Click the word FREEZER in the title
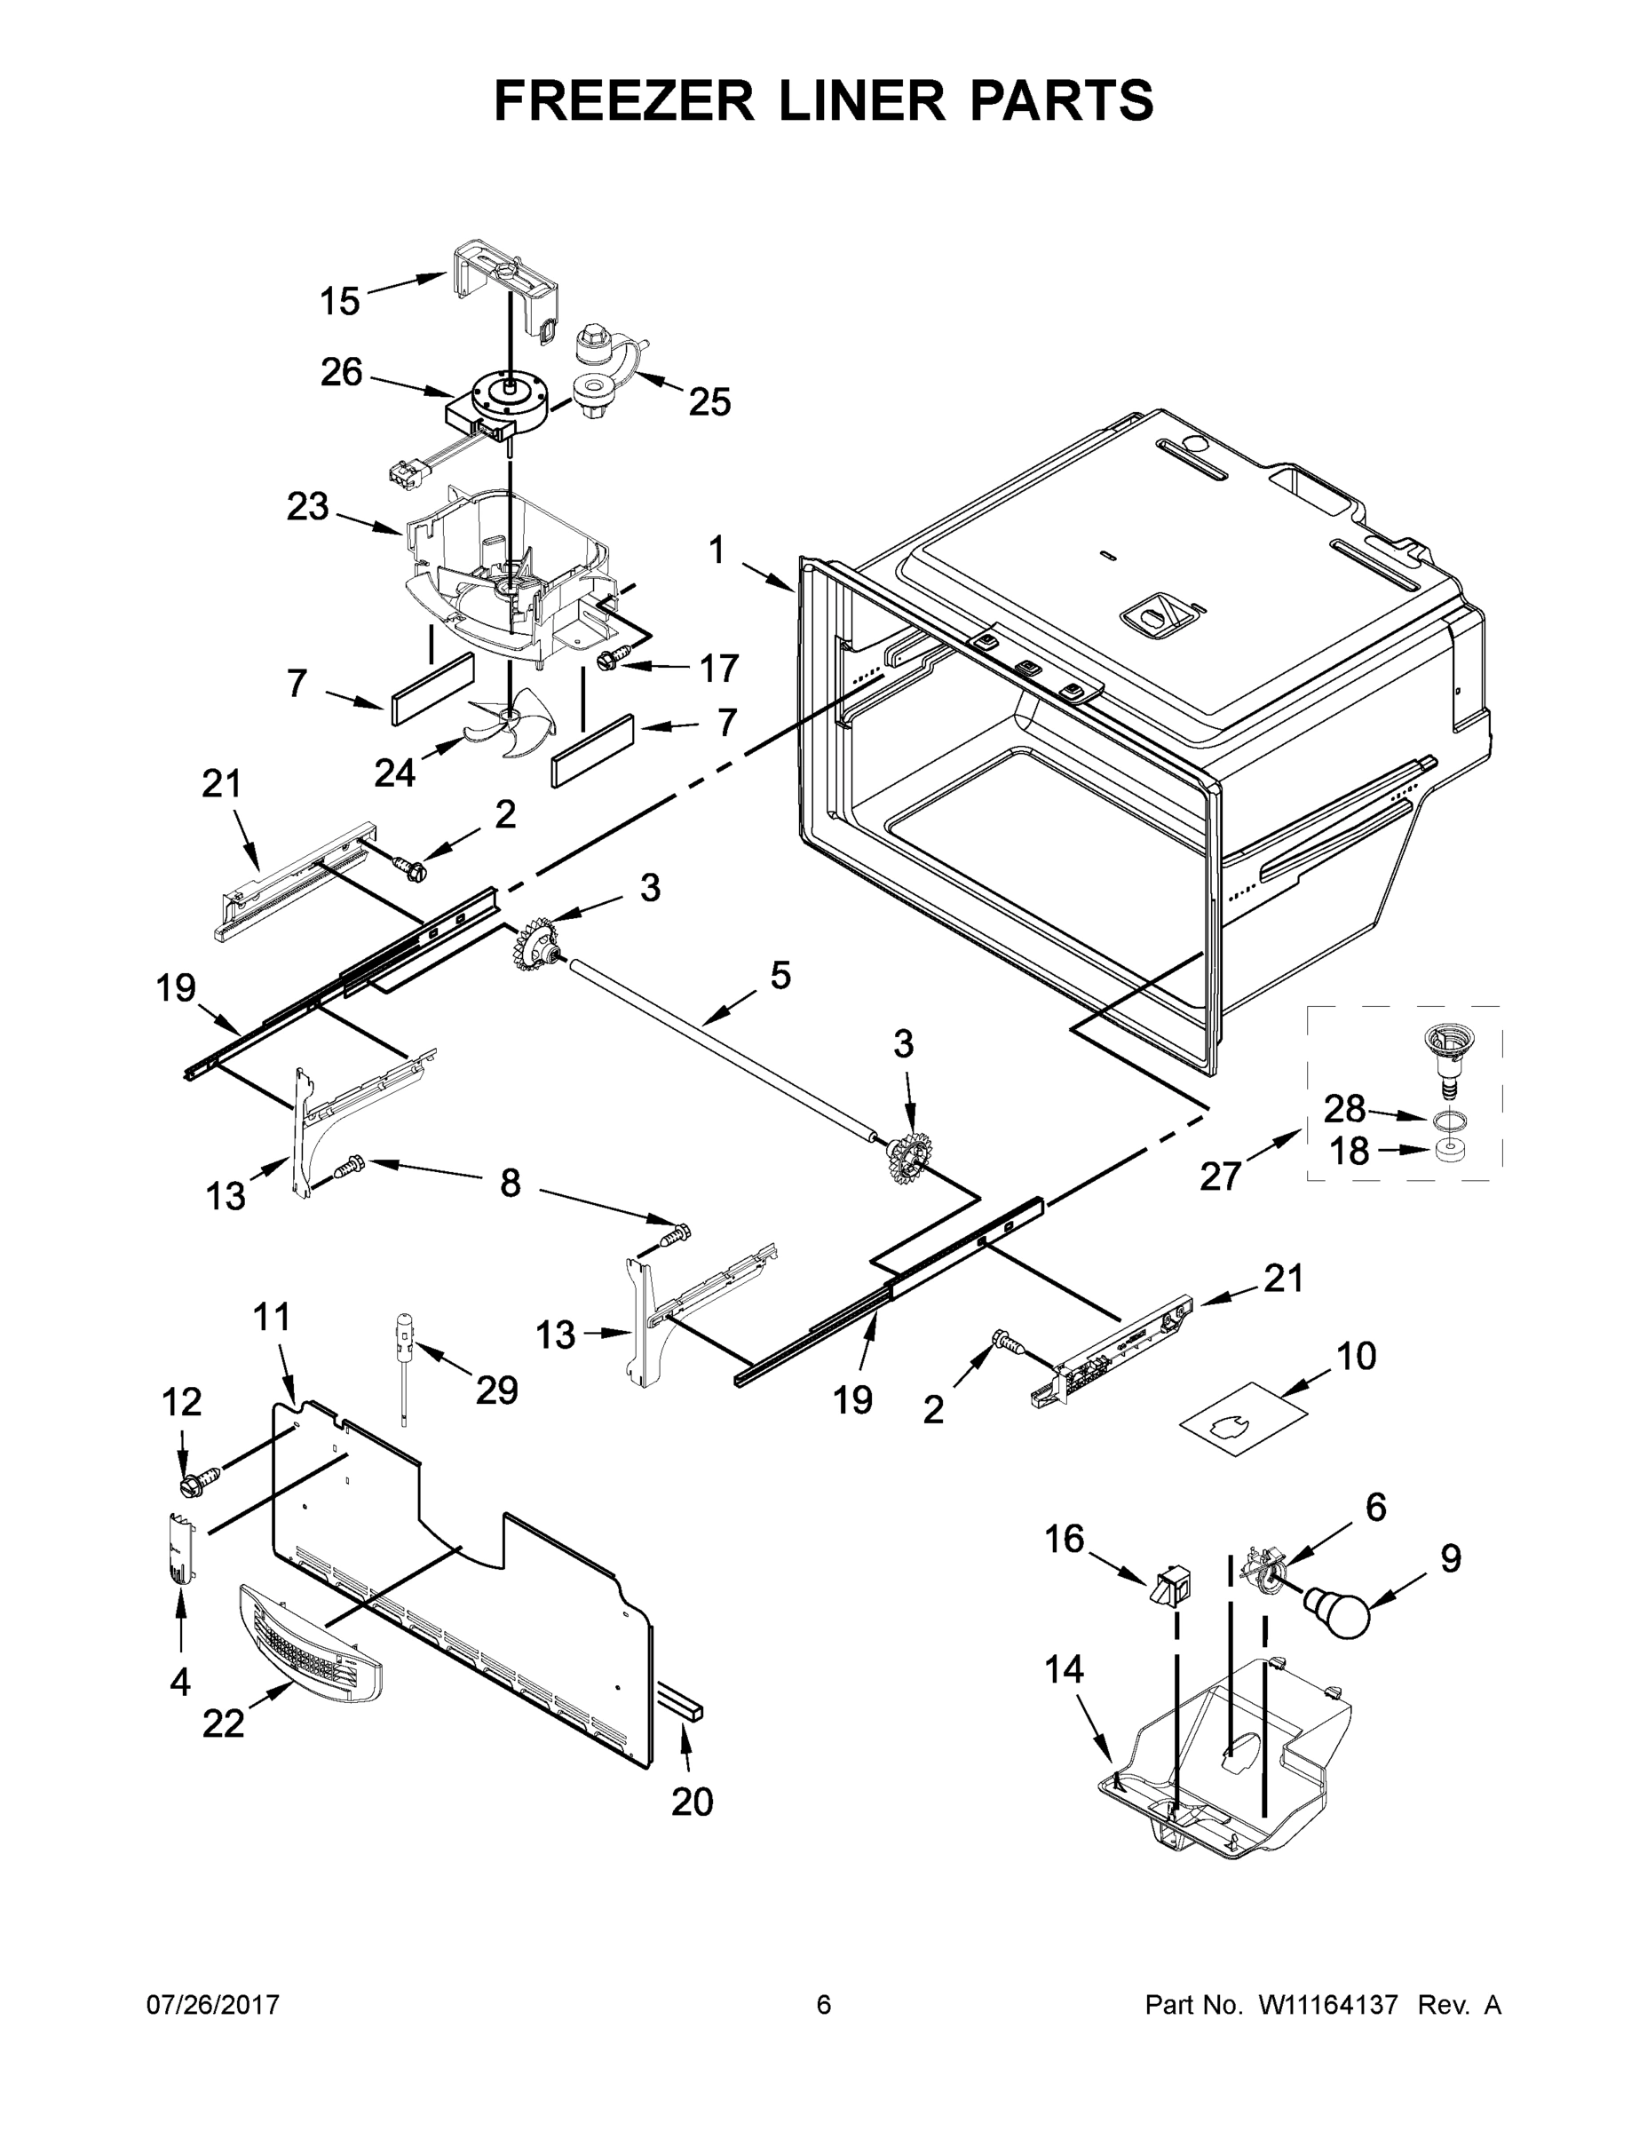[623, 101]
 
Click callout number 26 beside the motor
[342, 373]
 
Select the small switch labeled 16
[1169, 1587]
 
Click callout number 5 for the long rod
[780, 975]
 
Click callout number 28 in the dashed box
[1343, 1109]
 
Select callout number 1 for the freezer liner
[717, 551]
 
